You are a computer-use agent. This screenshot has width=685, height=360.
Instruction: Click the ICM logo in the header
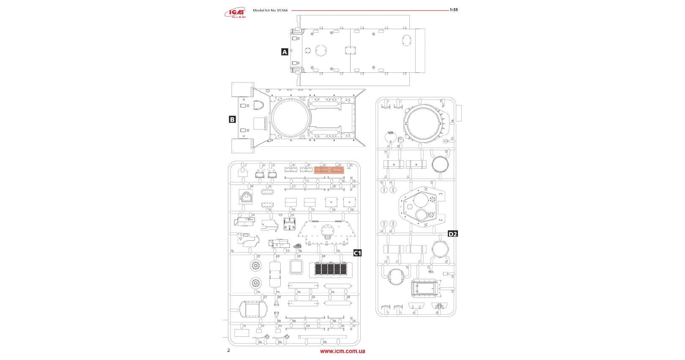pos(235,13)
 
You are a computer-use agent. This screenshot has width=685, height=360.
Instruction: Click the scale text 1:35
pos(454,10)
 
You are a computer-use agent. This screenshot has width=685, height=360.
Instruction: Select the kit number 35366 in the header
pos(282,11)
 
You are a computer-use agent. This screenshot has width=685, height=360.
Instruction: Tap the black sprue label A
pos(285,52)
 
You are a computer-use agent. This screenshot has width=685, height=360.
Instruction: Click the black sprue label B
pos(232,119)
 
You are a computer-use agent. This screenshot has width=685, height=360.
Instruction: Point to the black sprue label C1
pos(357,253)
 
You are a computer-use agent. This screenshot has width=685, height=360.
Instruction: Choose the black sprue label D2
pos(452,234)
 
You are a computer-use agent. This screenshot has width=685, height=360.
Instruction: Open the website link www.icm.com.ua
pos(342,351)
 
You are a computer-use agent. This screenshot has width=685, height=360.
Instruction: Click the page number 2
pos(229,350)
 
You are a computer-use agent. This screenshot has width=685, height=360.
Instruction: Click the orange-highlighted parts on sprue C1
pos(329,170)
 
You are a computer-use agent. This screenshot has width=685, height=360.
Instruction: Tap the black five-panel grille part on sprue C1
pos(331,269)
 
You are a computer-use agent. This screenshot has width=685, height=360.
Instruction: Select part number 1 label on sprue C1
pos(245,165)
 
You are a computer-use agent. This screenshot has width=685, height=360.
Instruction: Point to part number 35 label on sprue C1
pos(325,342)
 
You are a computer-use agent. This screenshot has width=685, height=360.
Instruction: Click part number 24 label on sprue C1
pos(324,256)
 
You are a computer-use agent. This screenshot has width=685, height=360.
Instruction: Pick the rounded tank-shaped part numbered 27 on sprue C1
pos(253,310)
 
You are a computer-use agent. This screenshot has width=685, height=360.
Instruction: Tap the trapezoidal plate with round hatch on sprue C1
pos(326,233)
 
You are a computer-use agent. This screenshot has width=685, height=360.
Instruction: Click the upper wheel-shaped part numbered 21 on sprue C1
pos(255,266)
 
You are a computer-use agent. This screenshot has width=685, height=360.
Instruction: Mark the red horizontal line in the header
pos(370,10)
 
